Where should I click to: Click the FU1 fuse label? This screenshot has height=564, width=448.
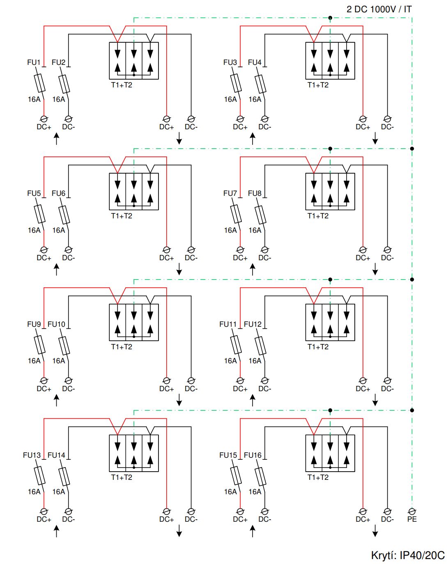[34, 62]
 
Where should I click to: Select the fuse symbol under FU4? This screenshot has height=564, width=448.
[260, 84]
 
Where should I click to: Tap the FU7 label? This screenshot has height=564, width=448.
[230, 193]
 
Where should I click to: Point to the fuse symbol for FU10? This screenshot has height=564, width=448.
[64, 346]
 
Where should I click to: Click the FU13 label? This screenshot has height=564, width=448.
[32, 455]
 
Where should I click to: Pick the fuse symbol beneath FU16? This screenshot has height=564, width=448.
[260, 476]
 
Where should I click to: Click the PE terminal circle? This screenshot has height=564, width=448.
[412, 511]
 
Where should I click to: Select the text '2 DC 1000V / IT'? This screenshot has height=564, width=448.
[379, 9]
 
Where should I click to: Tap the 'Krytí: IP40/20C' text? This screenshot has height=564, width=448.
[407, 555]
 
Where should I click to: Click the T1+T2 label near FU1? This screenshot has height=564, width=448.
[122, 85]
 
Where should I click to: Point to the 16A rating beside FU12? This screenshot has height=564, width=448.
[255, 361]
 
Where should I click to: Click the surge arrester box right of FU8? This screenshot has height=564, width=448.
[330, 191]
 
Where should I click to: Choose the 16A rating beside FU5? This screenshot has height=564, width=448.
[34, 230]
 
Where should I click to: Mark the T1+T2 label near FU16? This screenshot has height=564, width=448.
[318, 477]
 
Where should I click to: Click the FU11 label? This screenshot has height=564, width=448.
[228, 324]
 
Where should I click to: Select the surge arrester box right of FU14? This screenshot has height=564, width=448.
[134, 453]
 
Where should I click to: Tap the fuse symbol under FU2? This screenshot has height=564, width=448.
[64, 84]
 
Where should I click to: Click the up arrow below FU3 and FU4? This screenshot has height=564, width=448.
[253, 139]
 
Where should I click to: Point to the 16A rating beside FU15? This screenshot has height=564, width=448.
[230, 492]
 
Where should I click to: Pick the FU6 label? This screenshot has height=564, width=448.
[58, 193]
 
